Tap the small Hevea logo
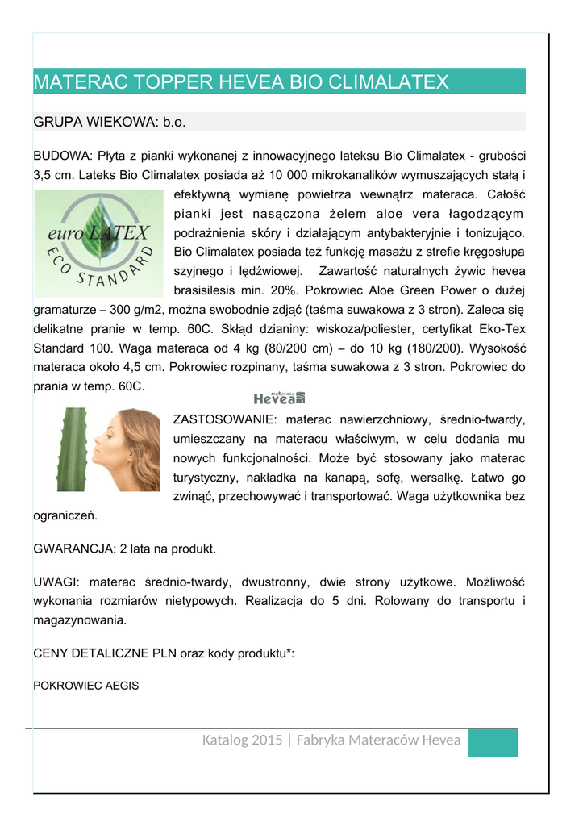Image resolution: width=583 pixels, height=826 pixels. [279, 397]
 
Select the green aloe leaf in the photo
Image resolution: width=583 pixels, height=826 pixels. [71, 450]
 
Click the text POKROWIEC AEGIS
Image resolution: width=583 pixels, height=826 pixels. [85, 686]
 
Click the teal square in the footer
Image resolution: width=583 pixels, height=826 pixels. [493, 743]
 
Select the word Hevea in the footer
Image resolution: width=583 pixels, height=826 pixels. [441, 740]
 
